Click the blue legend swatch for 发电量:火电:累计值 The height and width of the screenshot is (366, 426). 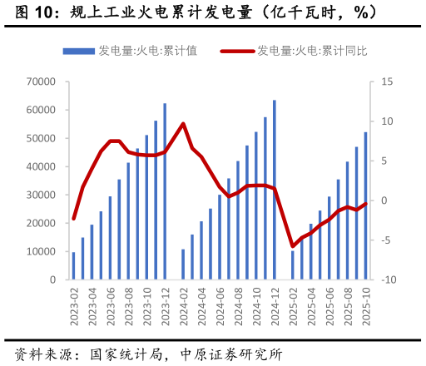pyautogui.click(x=79, y=51)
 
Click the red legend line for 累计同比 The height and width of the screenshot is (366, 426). pyautogui.click(x=236, y=51)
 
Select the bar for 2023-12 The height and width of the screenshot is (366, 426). pyautogui.click(x=165, y=191)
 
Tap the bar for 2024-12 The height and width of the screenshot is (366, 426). pyautogui.click(x=274, y=190)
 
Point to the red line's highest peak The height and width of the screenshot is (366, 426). pyautogui.click(x=183, y=124)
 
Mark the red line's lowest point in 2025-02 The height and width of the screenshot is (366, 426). pyautogui.click(x=292, y=246)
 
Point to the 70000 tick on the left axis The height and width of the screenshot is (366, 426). pyautogui.click(x=41, y=82)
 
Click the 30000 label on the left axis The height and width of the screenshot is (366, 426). pyautogui.click(x=41, y=195)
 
